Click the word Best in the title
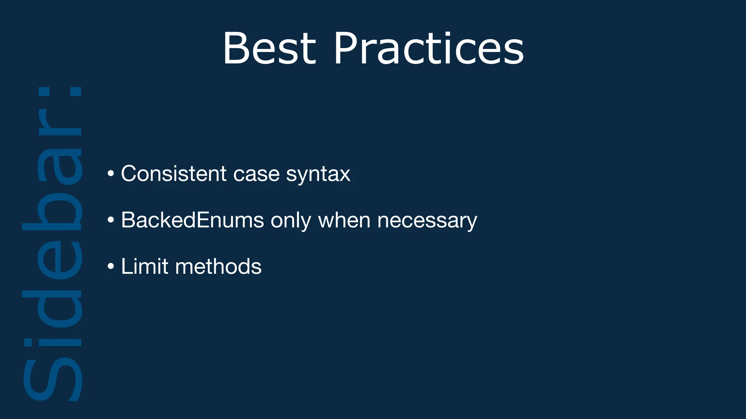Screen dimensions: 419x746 pyautogui.click(x=269, y=49)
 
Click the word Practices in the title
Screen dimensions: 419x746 pyautogui.click(x=429, y=49)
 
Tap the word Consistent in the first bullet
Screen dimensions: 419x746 pyautogui.click(x=174, y=173)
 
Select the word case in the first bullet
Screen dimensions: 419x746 pyautogui.click(x=256, y=173)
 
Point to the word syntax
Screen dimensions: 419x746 pyautogui.click(x=318, y=175)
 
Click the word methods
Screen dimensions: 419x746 pyautogui.click(x=218, y=266)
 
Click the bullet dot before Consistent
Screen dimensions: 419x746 pyautogui.click(x=111, y=173)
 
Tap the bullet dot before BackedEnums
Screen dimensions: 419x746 pyautogui.click(x=111, y=220)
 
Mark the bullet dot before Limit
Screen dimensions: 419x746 pyautogui.click(x=111, y=266)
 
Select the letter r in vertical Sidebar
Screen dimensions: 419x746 pyautogui.click(x=60, y=122)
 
